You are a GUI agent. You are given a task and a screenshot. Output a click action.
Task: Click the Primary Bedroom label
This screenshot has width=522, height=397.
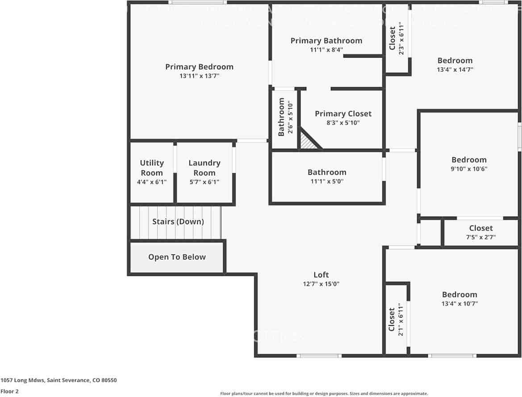(199, 67)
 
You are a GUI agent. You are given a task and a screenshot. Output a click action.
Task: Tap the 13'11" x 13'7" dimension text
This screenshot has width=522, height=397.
(199, 76)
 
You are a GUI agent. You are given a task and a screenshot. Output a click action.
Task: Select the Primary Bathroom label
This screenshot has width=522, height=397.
(326, 41)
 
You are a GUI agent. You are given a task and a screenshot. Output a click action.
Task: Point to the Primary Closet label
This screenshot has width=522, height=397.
(343, 114)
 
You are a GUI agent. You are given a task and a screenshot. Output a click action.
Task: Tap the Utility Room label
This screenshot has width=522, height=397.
(152, 168)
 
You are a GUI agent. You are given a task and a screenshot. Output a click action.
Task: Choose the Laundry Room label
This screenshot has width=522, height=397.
(204, 168)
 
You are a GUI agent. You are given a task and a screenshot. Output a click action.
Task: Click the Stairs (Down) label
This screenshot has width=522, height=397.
(178, 221)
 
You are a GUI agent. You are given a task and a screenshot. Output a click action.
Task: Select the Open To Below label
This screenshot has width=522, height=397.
(177, 257)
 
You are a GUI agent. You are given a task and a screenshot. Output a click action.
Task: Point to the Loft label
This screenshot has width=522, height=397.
(321, 275)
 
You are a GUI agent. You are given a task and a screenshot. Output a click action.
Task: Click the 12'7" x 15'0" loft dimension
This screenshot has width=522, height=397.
(321, 284)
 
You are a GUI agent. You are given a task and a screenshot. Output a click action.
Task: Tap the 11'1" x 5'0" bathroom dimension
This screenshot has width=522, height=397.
(326, 182)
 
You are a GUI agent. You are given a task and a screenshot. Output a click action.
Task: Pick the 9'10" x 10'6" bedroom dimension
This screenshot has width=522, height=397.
(469, 169)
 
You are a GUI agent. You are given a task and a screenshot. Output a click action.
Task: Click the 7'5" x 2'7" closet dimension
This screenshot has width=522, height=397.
(481, 238)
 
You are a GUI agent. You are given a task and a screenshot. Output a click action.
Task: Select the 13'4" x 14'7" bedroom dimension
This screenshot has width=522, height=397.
(455, 70)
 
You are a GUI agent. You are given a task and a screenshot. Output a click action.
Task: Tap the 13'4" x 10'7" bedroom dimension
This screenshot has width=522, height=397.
(459, 304)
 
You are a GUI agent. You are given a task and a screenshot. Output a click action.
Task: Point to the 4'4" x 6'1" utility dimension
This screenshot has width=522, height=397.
(152, 182)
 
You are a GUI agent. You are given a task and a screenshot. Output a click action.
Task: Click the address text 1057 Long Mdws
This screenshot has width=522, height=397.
(22, 380)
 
